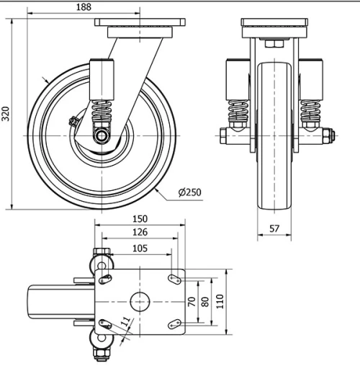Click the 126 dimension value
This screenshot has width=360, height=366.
pyautogui.click(x=140, y=232)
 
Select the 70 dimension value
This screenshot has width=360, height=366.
pyautogui.click(x=192, y=302)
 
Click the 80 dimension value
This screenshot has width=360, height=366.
pyautogui.click(x=206, y=302)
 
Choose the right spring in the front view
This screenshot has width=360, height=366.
pyautogui.click(x=310, y=111)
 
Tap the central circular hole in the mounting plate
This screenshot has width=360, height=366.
pyautogui.click(x=139, y=301)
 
